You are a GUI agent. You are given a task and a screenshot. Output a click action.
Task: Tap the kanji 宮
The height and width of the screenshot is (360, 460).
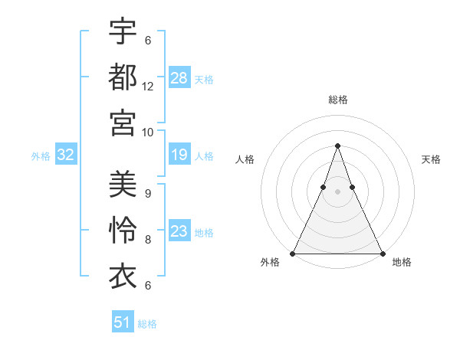(x=123, y=122)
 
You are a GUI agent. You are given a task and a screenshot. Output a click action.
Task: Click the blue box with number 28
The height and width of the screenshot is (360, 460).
(x=179, y=77)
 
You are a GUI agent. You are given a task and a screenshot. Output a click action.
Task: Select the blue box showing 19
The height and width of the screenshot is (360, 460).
(x=179, y=155)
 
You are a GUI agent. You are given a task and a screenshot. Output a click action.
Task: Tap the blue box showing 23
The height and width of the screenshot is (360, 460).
(x=179, y=231)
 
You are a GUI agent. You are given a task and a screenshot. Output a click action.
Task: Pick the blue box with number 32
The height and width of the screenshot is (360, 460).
(x=66, y=155)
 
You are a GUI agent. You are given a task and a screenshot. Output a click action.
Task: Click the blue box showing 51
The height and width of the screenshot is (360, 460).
(x=123, y=322)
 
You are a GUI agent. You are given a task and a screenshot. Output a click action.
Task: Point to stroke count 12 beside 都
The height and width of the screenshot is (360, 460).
(x=148, y=87)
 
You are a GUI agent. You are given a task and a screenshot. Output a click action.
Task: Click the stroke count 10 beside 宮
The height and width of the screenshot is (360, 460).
(x=148, y=132)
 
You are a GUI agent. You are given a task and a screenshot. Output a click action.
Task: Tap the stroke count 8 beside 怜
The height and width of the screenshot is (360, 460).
(x=148, y=239)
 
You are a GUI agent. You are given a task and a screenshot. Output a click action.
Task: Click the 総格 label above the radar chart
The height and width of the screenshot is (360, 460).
(x=337, y=100)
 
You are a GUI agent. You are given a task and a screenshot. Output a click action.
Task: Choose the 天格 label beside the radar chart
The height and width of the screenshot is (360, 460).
(x=431, y=159)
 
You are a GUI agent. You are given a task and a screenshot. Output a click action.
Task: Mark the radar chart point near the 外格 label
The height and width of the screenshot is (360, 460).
(x=293, y=253)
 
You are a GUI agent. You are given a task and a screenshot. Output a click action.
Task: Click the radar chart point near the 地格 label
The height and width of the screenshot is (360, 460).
(x=382, y=253)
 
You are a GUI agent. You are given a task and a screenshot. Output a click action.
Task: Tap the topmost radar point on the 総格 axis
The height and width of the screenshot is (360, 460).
(x=337, y=146)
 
